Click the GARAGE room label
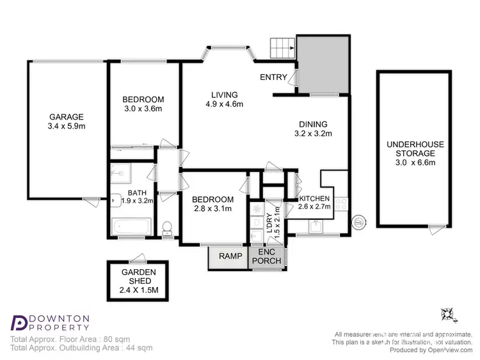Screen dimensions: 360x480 [67, 117]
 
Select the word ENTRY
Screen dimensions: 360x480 [273, 77]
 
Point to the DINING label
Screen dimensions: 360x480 [313, 124]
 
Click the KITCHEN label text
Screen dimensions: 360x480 [315, 198]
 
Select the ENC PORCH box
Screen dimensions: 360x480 [268, 256]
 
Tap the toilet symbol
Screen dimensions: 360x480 [168, 228]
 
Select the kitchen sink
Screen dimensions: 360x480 [315, 225]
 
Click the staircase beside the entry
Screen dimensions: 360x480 [283, 47]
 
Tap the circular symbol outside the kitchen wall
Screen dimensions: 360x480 [360, 223]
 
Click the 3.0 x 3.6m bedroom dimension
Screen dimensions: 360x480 [143, 109]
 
